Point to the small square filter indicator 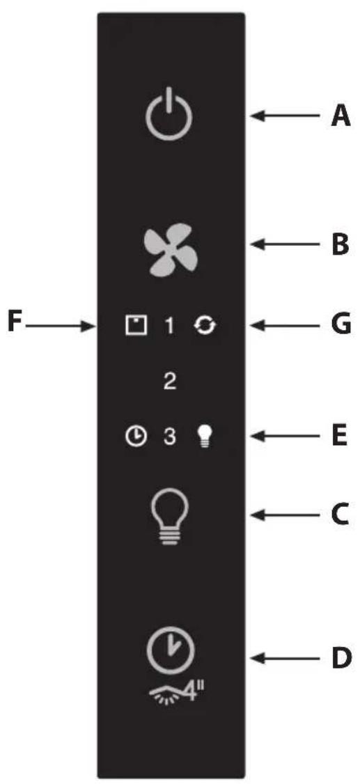tap(136, 327)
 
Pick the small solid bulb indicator tap(203, 437)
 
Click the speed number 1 tap(169, 327)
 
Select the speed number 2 tap(170, 382)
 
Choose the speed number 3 tap(170, 437)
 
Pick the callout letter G tap(341, 327)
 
